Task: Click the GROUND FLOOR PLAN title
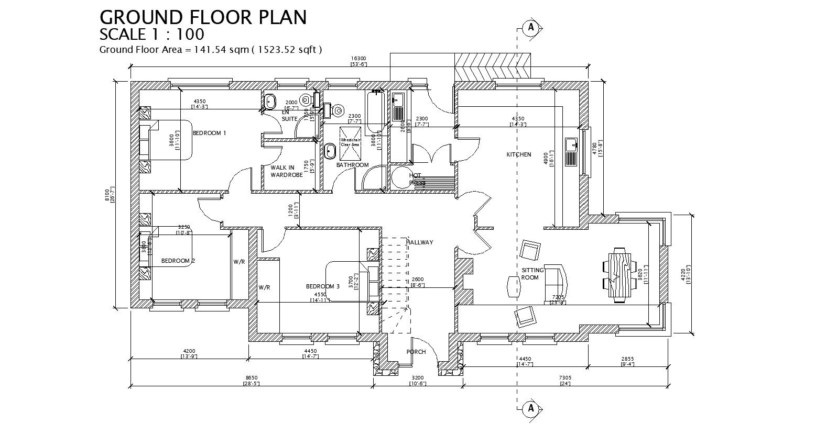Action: click(203, 17)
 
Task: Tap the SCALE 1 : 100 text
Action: click(151, 35)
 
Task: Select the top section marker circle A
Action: click(531, 27)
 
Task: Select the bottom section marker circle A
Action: click(531, 408)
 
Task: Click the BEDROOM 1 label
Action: click(209, 133)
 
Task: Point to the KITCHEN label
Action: click(518, 154)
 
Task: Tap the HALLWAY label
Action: click(419, 242)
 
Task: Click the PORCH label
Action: click(416, 352)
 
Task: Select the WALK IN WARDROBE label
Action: click(286, 171)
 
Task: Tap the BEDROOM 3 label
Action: click(323, 286)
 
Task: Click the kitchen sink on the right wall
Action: click(571, 151)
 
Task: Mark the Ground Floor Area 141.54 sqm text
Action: click(210, 50)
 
